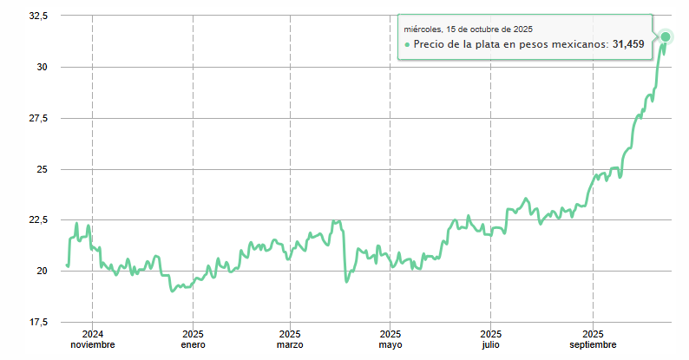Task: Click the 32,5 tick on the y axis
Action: pos(37,16)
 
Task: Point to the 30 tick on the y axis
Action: pos(43,68)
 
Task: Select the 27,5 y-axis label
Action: pos(37,118)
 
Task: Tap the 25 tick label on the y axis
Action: pos(43,169)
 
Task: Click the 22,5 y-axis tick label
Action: pos(37,219)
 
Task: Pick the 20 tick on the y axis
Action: pos(43,271)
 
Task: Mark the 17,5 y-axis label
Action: pos(37,322)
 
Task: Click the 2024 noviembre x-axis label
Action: pos(92,339)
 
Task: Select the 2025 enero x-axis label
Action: pos(193,339)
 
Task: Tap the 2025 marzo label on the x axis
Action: pos(291,339)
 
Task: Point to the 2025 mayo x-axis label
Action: pos(390,339)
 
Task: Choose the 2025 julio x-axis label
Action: pos(491,339)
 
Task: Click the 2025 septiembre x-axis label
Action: pos(593,339)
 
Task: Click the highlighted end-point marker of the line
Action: pos(666,36)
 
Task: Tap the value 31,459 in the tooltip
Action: pos(628,44)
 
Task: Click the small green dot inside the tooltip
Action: pos(407,44)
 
